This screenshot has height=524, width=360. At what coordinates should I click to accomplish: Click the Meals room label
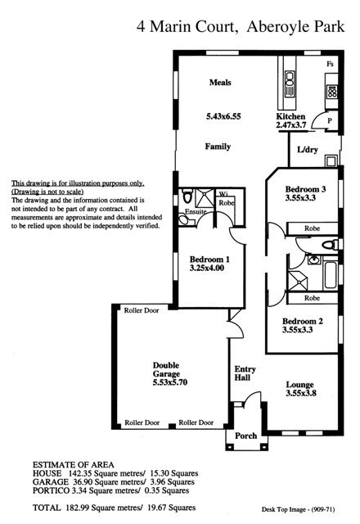click(x=220, y=82)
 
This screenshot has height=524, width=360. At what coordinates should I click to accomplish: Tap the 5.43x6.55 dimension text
click(x=223, y=116)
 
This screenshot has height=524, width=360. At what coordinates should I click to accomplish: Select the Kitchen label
click(x=290, y=116)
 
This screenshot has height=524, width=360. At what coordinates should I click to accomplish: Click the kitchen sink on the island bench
click(x=290, y=84)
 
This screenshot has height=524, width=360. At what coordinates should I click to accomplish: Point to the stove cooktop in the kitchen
click(x=332, y=92)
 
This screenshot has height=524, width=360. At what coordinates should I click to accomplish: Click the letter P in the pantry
click(x=330, y=120)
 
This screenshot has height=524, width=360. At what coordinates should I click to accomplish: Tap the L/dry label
click(x=308, y=149)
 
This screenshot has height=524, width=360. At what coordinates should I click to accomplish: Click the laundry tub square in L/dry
click(x=331, y=161)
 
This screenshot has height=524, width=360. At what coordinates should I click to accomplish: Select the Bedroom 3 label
click(x=305, y=189)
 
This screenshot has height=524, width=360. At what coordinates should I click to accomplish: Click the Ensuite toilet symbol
click(x=187, y=196)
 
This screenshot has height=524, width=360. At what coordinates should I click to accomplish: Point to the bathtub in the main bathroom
click(x=331, y=276)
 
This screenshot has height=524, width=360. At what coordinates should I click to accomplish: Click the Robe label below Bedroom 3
click(x=313, y=228)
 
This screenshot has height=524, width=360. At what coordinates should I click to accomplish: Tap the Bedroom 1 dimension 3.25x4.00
click(x=207, y=268)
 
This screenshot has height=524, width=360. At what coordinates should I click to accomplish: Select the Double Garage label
click(x=166, y=369)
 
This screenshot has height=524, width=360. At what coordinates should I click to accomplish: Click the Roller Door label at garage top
click(x=142, y=310)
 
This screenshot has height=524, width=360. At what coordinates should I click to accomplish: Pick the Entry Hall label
click(x=245, y=373)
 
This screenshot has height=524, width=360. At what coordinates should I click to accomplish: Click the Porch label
click(x=245, y=436)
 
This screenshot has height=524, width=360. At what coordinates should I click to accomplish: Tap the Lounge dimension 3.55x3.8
click(x=301, y=393)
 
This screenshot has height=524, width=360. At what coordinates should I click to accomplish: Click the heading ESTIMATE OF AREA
click(x=73, y=465)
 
